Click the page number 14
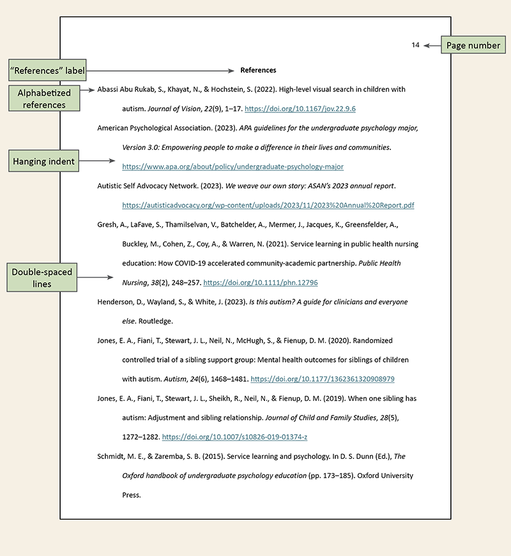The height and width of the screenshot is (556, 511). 415,45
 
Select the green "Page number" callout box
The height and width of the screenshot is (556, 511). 473,45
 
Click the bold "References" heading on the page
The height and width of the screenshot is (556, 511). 258,70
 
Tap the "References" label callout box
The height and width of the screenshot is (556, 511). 47,70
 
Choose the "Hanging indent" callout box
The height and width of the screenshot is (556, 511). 43,162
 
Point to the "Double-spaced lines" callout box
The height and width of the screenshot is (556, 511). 42,277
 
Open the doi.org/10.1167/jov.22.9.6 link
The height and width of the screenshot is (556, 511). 300,109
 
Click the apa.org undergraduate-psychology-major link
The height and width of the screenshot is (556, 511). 233,167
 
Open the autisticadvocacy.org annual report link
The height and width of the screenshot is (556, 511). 268,206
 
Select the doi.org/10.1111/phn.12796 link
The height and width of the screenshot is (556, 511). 260,282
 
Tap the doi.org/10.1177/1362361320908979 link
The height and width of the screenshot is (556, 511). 323,379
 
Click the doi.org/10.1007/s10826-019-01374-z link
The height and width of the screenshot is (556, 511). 235,437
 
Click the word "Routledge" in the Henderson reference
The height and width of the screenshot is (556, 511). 155,321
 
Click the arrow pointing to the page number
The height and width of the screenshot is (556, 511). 432,45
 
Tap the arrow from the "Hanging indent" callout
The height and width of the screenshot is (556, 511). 98,162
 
